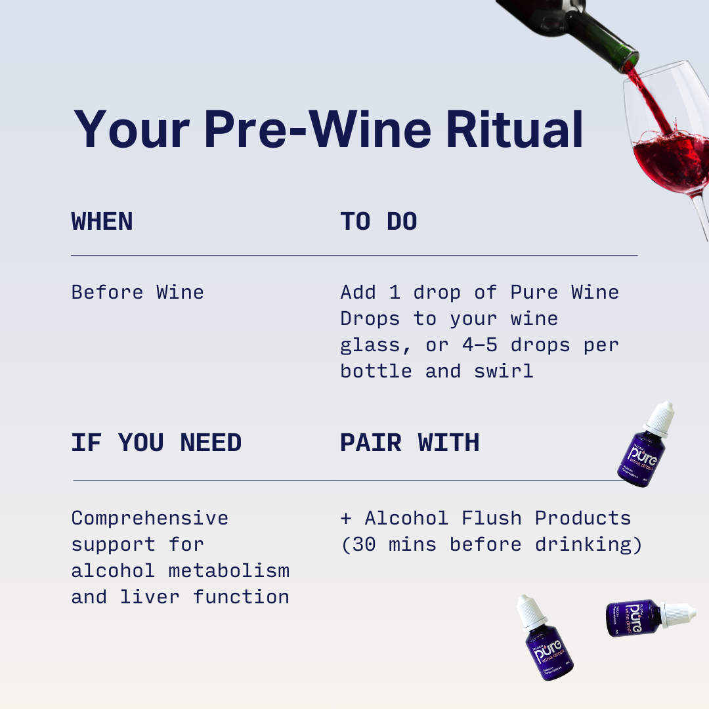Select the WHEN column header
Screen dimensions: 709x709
point(102,222)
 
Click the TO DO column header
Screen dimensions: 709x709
point(379,222)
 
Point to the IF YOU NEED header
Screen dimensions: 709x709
point(156,443)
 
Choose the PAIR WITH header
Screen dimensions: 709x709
point(410,443)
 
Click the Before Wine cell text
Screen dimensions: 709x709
point(137,292)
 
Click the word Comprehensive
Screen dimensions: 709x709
point(150,518)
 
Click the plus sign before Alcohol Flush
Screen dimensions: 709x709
point(346,518)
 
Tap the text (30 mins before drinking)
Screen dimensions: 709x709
point(491,544)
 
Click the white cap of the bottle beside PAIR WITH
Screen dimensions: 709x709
point(660,417)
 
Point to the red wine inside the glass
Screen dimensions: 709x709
point(670,161)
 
